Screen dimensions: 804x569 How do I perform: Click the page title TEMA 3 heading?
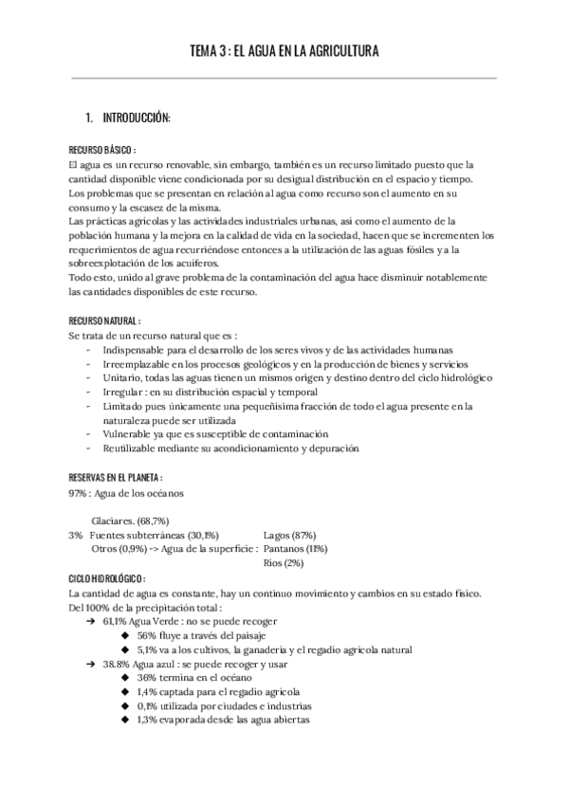(284, 51)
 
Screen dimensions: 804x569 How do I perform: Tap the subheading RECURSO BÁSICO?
(102, 150)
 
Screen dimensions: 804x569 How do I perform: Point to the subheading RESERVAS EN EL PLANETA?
(116, 477)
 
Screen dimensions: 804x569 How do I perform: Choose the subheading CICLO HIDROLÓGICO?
(107, 578)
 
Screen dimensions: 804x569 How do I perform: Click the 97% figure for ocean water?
(78, 493)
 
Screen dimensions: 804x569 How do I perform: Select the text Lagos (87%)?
(290, 535)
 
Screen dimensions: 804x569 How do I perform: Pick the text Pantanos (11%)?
(296, 549)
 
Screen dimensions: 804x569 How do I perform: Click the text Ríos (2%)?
(284, 563)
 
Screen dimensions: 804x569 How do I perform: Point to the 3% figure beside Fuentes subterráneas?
(76, 535)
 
